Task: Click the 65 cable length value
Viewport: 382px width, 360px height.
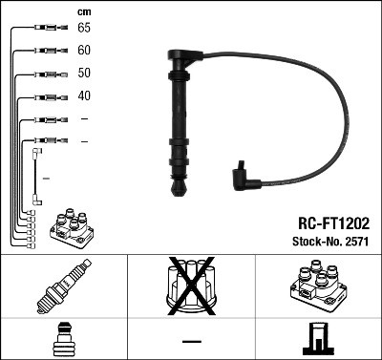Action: pos(84,28)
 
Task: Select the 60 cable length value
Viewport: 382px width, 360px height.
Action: pos(84,51)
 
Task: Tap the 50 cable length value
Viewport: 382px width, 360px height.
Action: pos(84,74)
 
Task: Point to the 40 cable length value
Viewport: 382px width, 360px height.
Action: pos(84,96)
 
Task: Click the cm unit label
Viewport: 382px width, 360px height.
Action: pos(83,11)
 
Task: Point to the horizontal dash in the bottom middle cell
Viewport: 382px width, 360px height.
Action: pos(191,340)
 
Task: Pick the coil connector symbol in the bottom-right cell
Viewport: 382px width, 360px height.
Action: pos(317,338)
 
